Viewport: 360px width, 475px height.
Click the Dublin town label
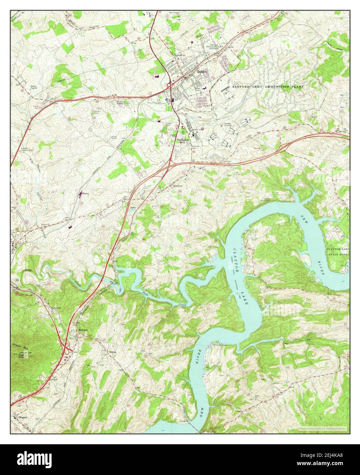[202, 72]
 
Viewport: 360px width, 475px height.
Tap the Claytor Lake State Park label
[337, 252]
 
